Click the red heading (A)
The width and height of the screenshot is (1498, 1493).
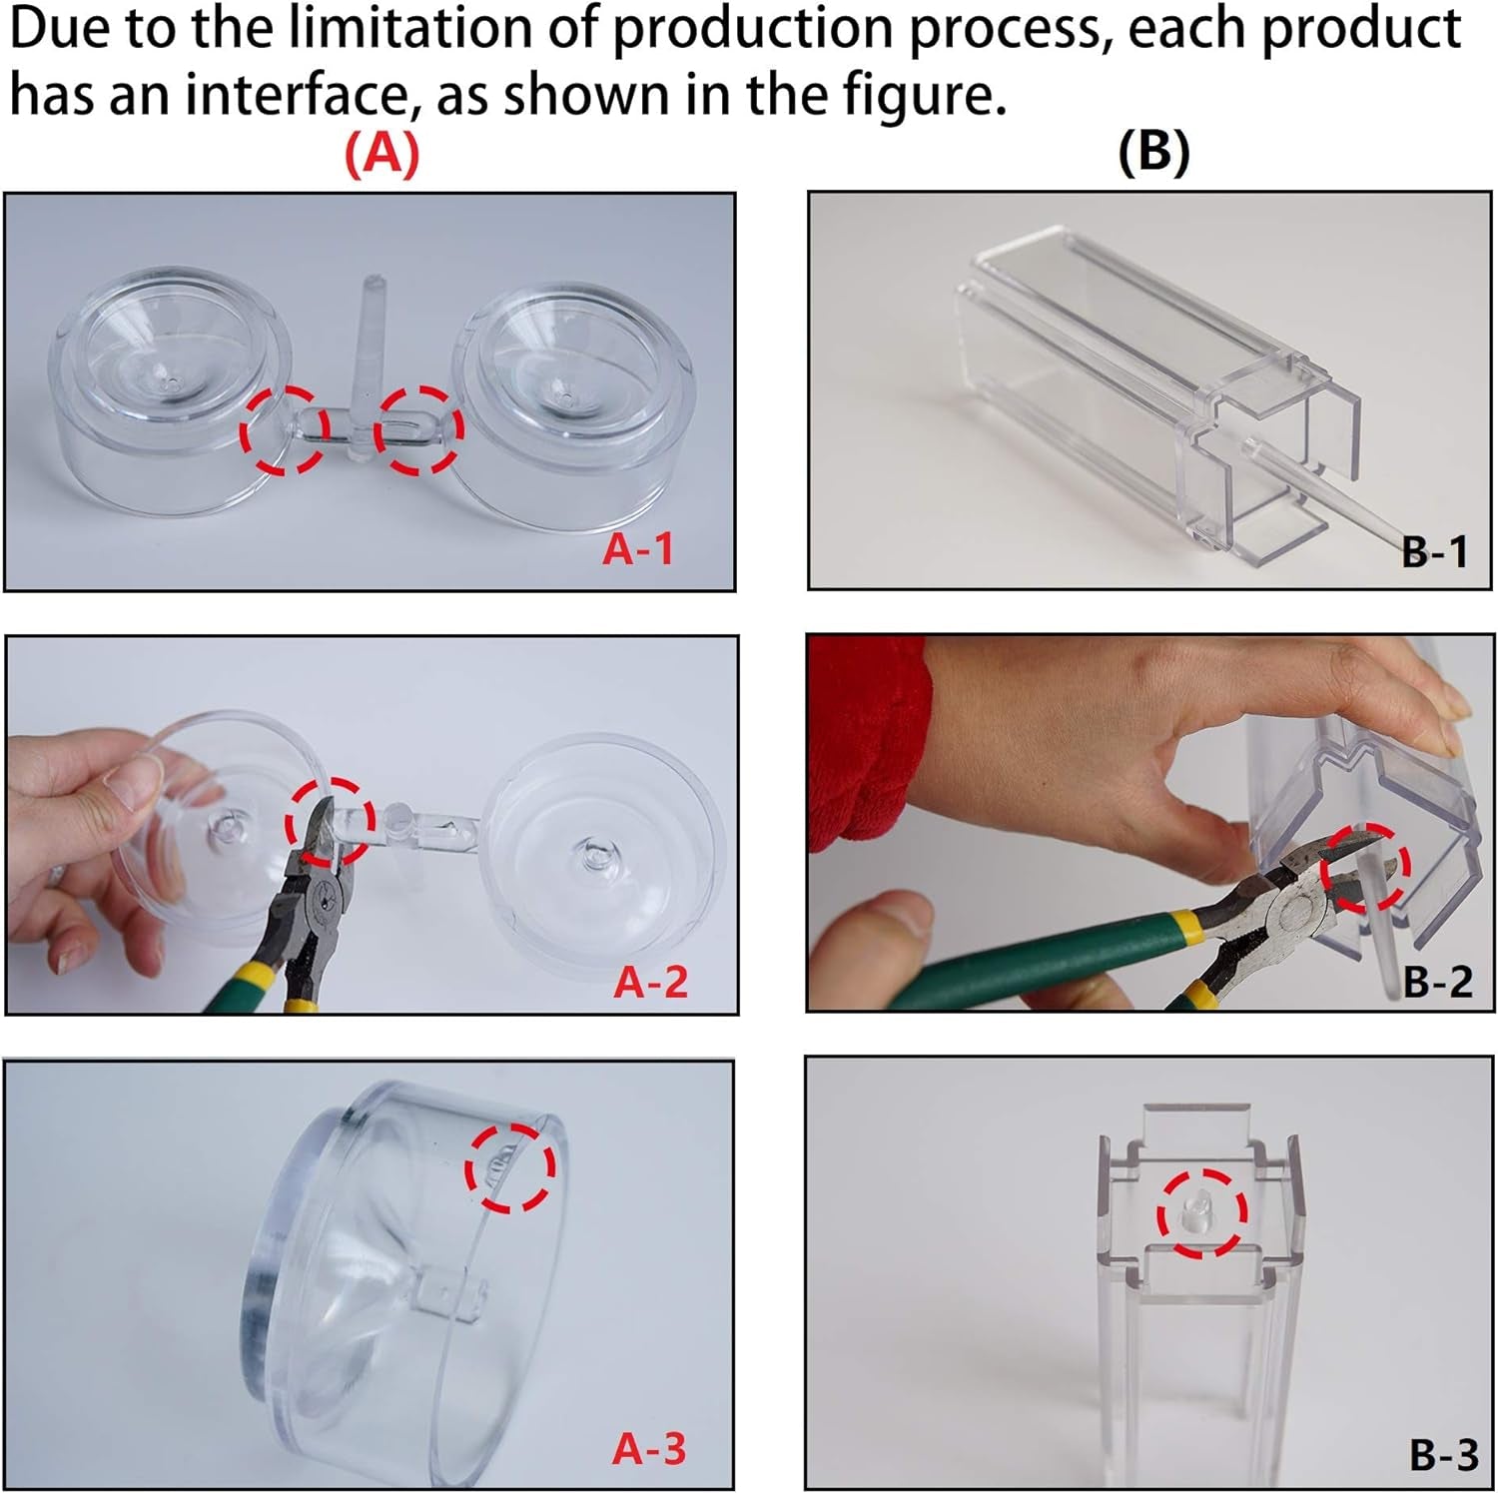381,154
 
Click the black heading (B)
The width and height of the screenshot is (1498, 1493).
1154,154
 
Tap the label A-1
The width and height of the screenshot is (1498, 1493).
637,549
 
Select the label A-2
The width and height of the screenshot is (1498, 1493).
650,983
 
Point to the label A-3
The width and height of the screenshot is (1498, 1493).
649,1449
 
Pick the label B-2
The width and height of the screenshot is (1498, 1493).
1437,983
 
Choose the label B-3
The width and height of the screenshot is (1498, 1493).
1443,1455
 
